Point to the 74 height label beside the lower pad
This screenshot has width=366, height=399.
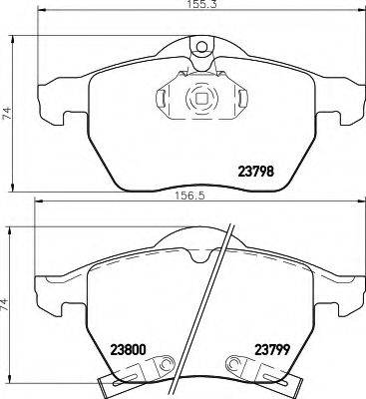(8, 301)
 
